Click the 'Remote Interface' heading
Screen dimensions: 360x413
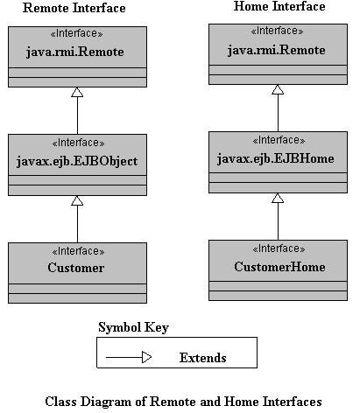[74, 8]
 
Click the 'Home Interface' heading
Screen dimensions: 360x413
[279, 6]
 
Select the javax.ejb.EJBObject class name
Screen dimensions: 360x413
[77, 161]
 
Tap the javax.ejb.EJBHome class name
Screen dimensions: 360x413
[276, 159]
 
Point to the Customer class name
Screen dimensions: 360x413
[76, 268]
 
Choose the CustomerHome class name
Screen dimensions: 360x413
[279, 267]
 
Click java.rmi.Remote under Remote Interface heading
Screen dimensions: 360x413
[75, 52]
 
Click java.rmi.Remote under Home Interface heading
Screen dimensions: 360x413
[276, 50]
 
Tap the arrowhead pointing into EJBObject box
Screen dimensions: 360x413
[77, 200]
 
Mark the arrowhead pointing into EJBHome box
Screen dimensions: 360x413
[278, 198]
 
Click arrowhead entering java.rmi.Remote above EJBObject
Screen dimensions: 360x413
[77, 92]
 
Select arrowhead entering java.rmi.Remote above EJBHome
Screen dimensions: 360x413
[278, 89]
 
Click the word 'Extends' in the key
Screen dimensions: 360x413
[203, 358]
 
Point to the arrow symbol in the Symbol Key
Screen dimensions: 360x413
[129, 357]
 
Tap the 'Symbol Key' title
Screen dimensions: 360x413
[133, 327]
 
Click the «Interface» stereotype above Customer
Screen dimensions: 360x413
[78, 251]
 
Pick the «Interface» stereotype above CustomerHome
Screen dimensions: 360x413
[279, 248]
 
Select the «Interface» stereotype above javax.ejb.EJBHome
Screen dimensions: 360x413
[279, 140]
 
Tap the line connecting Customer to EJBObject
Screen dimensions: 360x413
[77, 224]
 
